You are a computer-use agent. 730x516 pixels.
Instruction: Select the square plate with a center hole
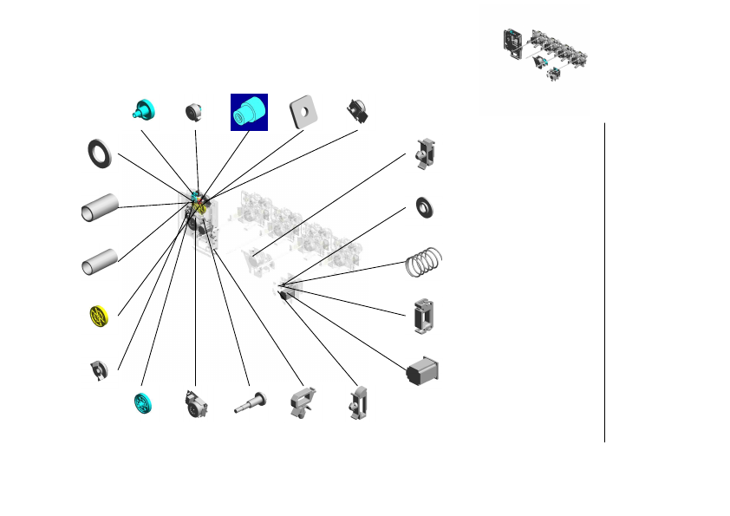(x=302, y=110)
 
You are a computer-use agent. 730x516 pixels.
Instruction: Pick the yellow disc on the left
(x=101, y=316)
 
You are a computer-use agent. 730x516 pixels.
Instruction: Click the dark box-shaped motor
(x=424, y=369)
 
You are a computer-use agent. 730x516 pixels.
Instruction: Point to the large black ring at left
(x=100, y=153)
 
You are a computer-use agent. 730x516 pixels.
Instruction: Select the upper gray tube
(x=100, y=208)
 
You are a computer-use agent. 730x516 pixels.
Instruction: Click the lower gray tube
(x=100, y=260)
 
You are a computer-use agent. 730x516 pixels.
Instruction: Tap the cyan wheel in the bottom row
(x=143, y=403)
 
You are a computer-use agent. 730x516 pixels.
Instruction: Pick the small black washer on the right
(x=425, y=207)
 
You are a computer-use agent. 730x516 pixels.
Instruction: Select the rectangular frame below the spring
(x=424, y=316)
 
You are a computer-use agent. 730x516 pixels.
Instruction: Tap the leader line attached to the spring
(x=347, y=271)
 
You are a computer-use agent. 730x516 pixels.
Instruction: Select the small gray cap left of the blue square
(x=194, y=112)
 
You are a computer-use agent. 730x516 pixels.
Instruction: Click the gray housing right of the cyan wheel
(x=195, y=403)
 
